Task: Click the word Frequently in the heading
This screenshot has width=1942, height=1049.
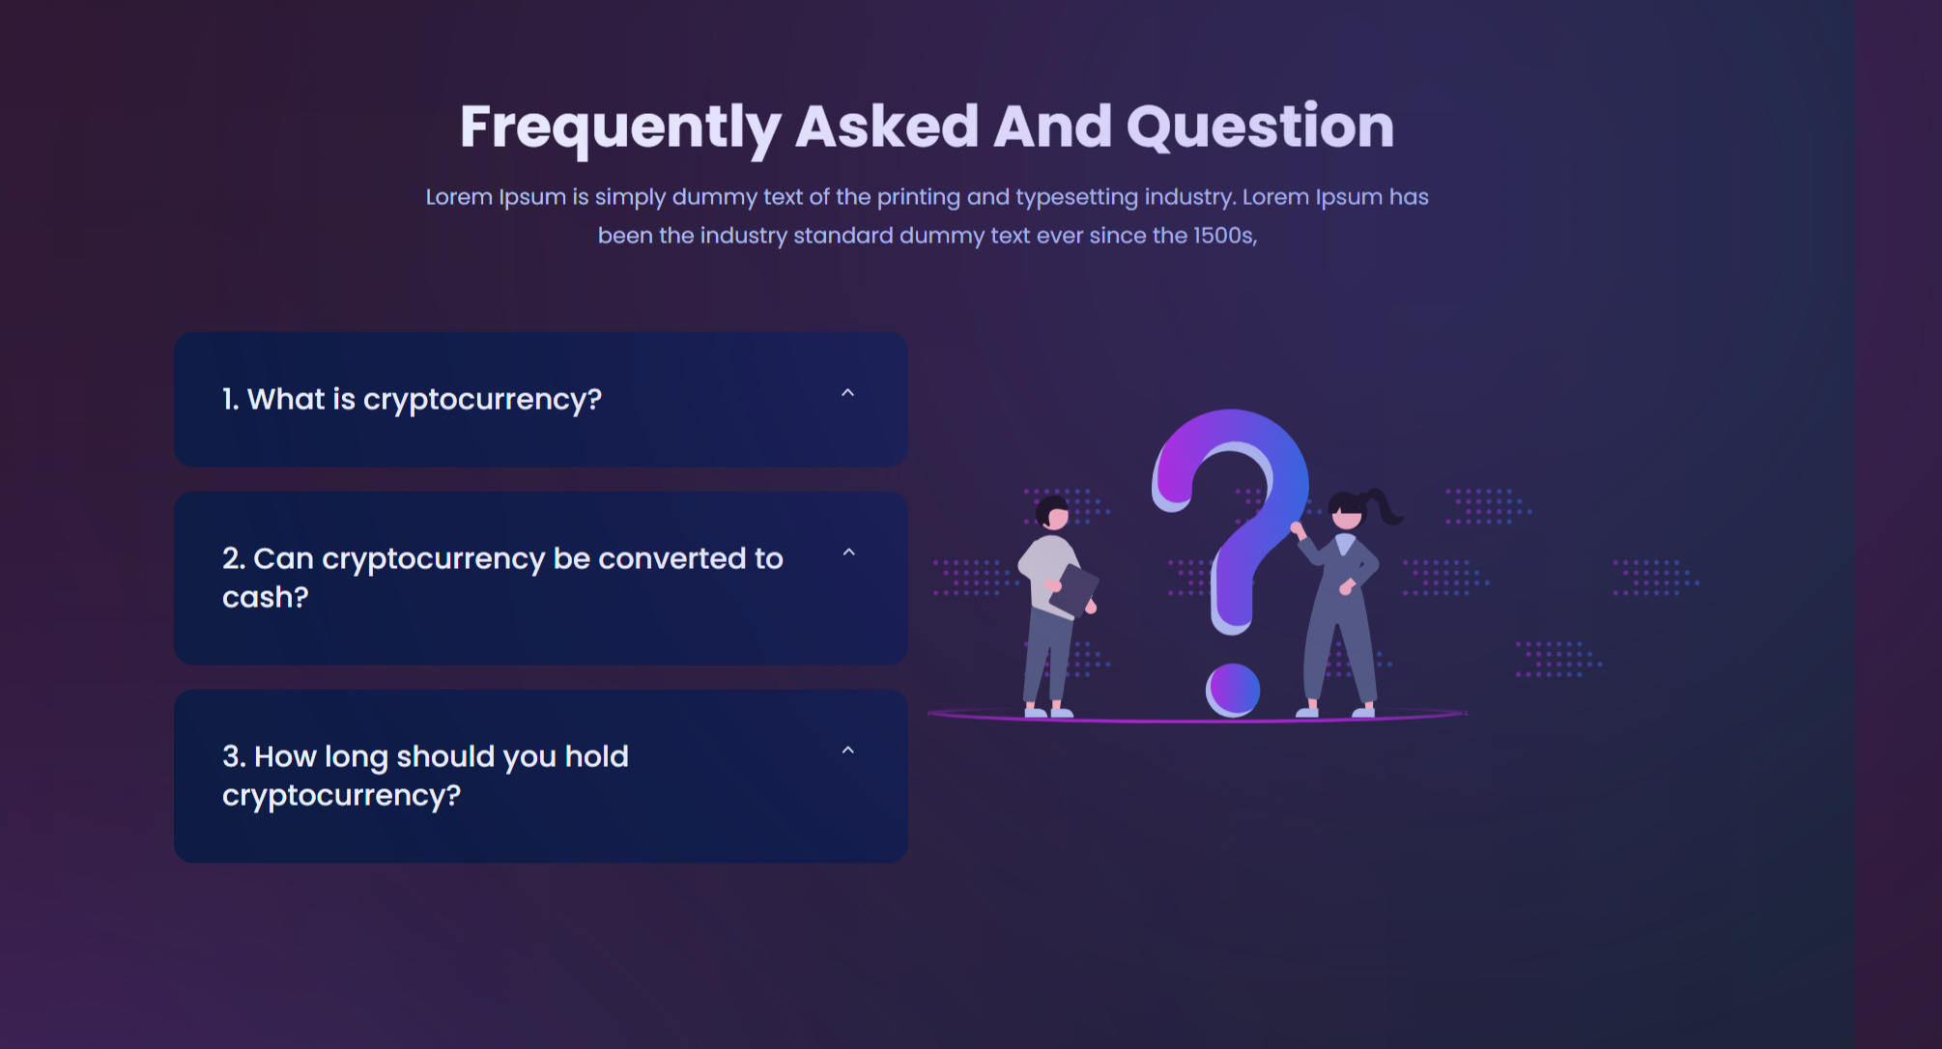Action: coord(619,127)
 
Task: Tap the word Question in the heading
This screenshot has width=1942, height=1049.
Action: coord(1260,127)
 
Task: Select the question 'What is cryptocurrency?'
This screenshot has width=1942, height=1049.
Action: coord(412,399)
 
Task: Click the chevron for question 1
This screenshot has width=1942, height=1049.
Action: coord(847,392)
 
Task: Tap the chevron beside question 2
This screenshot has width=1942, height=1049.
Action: coord(848,553)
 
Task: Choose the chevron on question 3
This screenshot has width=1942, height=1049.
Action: coord(847,751)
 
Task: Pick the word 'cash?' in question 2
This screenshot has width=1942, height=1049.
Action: coord(266,597)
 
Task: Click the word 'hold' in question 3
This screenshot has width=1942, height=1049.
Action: coord(596,755)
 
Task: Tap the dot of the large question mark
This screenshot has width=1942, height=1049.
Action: coord(1233,690)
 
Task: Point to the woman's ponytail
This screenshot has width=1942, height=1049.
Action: coord(1383,505)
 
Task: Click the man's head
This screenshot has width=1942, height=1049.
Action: coord(1052,512)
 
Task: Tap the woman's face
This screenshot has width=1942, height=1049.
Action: coord(1347,517)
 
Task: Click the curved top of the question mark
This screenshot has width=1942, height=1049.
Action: coord(1231,426)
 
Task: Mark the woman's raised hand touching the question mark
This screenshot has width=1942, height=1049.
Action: coord(1298,528)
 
